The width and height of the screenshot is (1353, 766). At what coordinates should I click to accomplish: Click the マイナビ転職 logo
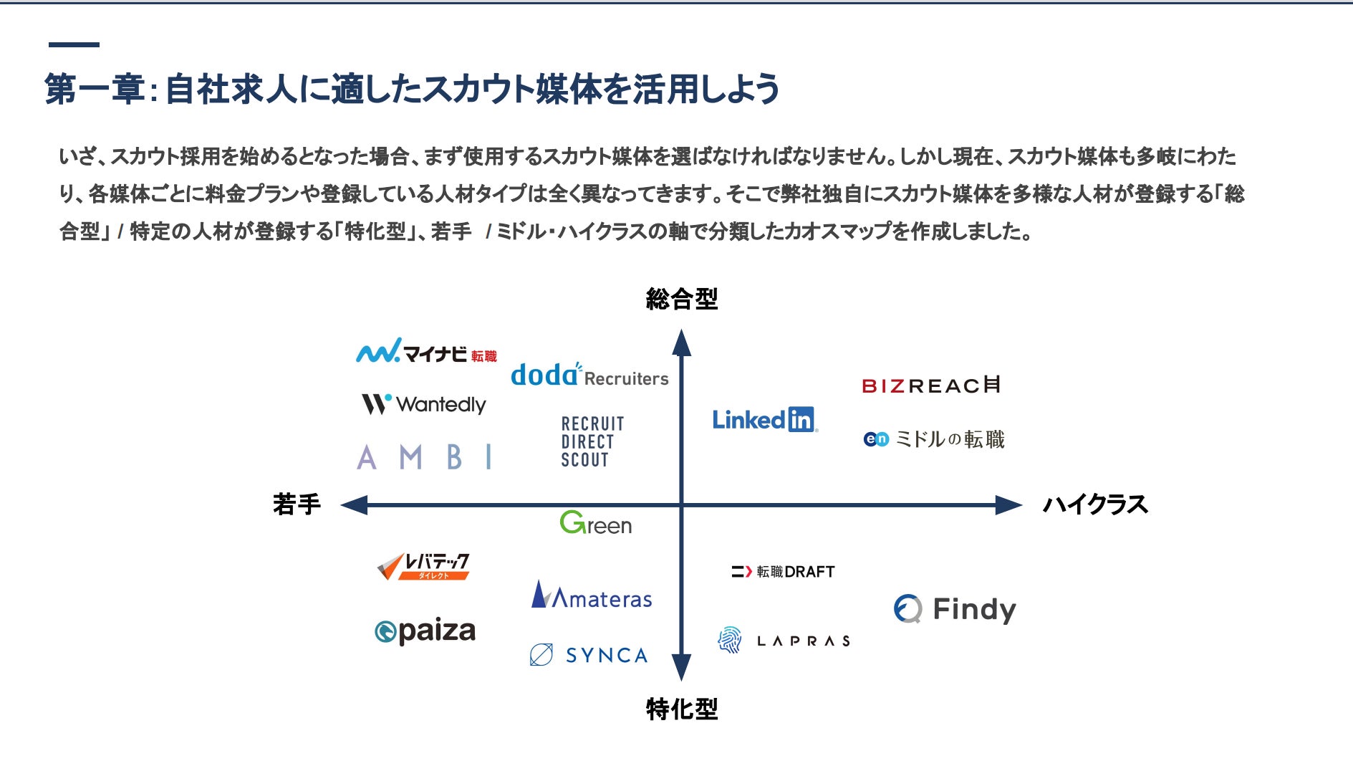click(x=426, y=352)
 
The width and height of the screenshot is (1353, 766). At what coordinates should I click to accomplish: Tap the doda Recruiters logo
click(x=589, y=375)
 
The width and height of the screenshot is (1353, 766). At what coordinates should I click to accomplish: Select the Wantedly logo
click(x=424, y=404)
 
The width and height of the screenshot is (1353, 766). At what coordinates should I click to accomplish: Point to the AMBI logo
click(x=425, y=456)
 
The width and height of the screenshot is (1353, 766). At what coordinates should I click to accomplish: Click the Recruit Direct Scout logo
click(x=592, y=441)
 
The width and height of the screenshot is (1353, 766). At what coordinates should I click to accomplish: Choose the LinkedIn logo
click(x=764, y=420)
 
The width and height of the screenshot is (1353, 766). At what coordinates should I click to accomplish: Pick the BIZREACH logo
click(x=930, y=386)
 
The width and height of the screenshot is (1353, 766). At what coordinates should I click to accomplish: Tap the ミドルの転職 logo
click(x=934, y=439)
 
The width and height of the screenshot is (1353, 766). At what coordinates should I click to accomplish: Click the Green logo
click(x=595, y=524)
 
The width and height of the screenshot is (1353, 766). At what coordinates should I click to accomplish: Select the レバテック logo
click(x=423, y=566)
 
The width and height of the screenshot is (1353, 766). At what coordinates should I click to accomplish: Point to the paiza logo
click(x=425, y=631)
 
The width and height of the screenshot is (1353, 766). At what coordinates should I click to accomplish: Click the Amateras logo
click(x=592, y=595)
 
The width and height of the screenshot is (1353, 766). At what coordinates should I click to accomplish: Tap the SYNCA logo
click(x=589, y=655)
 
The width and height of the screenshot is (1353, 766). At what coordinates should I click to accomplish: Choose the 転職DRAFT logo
click(x=783, y=572)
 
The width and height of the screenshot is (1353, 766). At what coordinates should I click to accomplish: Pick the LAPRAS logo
click(x=784, y=640)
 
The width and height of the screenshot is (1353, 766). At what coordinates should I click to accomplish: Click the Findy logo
click(x=955, y=610)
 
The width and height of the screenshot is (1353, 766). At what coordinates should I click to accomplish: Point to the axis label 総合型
click(x=681, y=299)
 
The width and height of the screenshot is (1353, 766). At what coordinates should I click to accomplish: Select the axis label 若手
click(x=297, y=504)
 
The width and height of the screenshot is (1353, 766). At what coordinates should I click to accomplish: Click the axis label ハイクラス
click(x=1094, y=504)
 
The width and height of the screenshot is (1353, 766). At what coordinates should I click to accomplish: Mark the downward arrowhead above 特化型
click(x=681, y=667)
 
